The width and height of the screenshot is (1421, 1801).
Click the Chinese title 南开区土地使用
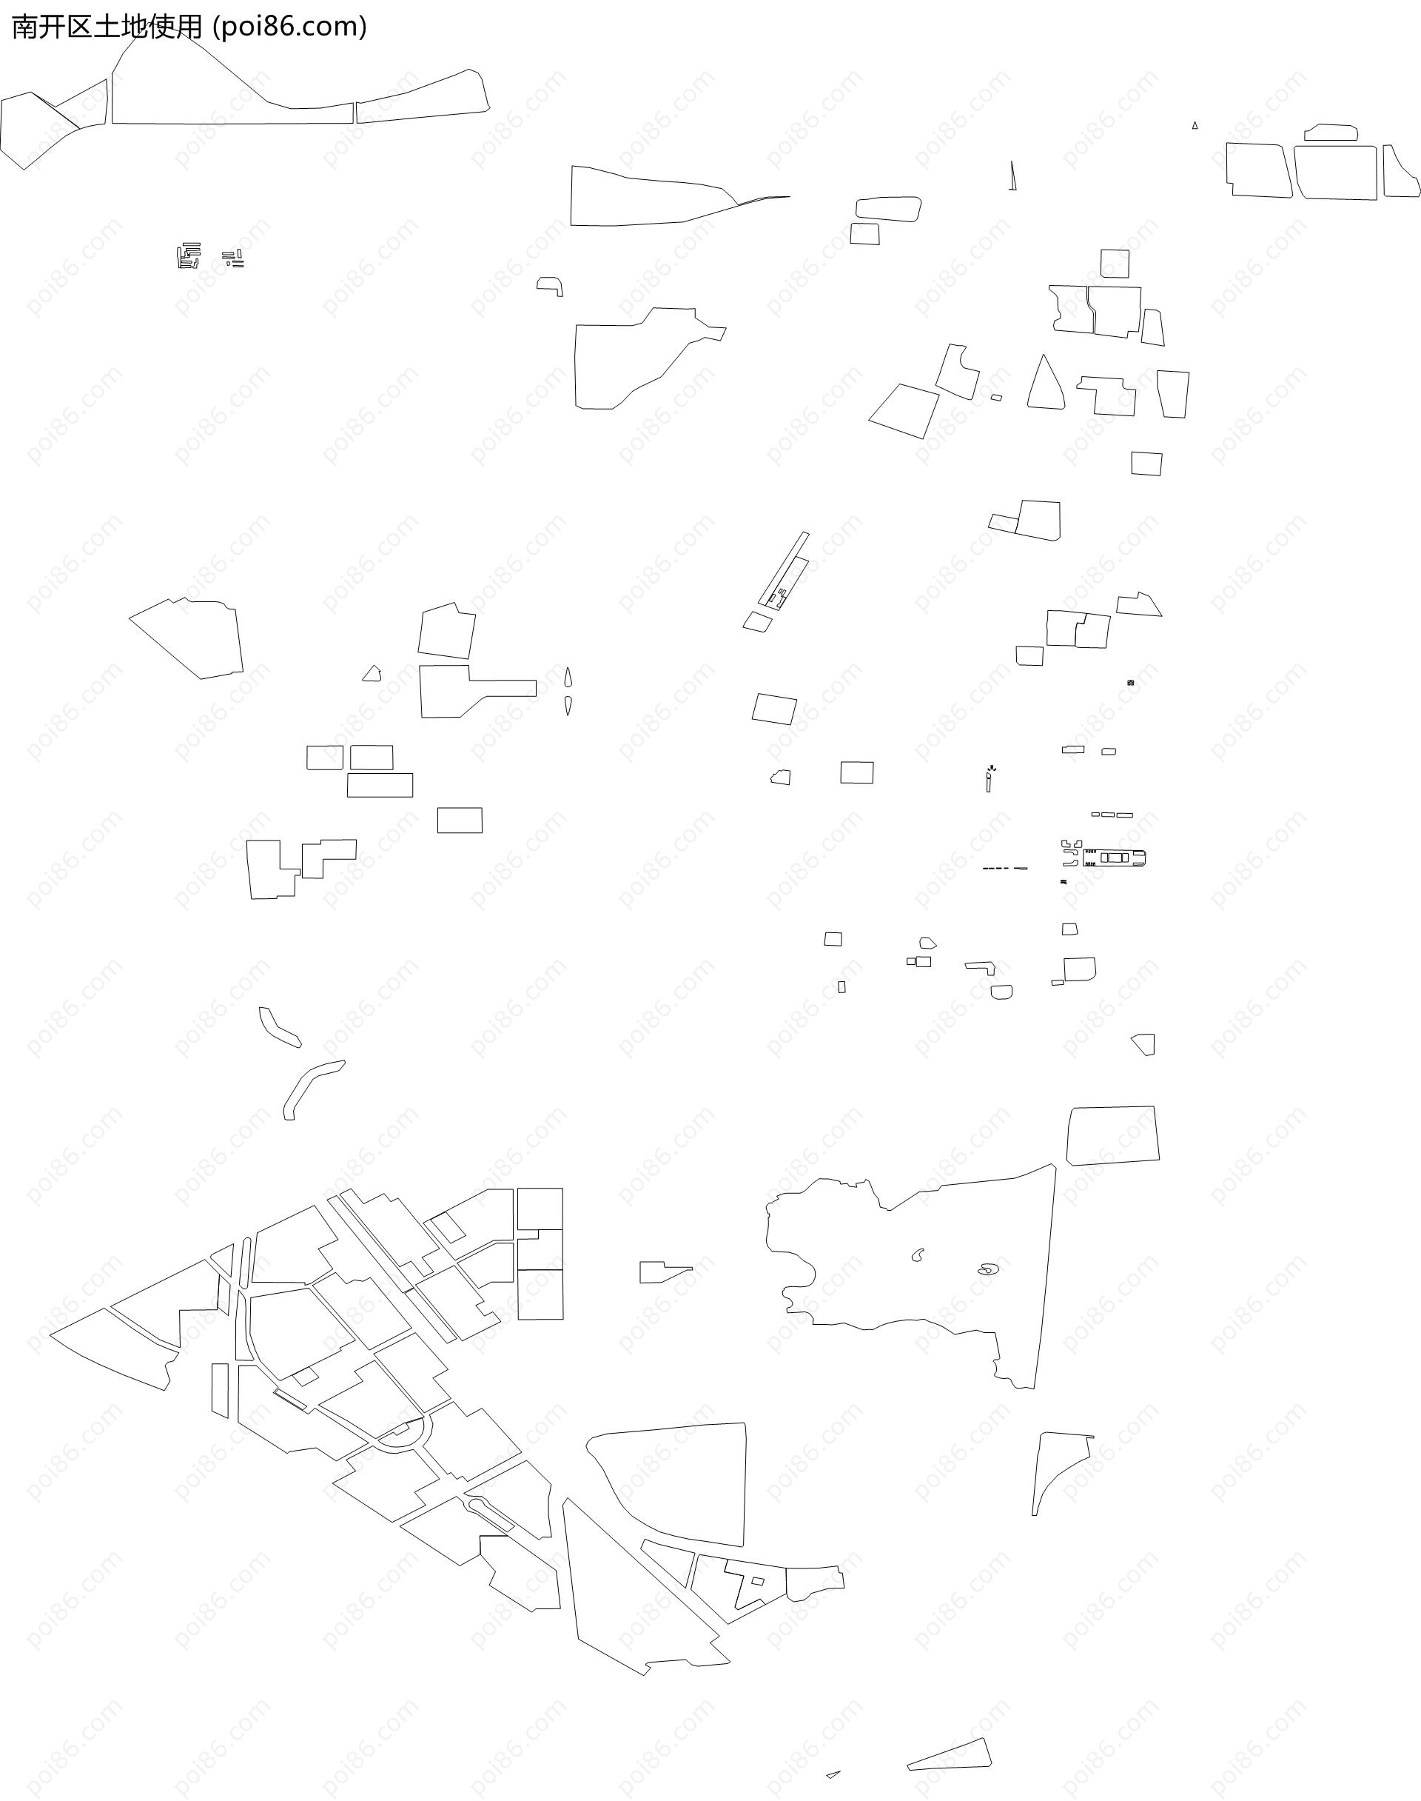tap(107, 27)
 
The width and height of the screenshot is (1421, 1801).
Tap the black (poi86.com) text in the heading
tap(289, 27)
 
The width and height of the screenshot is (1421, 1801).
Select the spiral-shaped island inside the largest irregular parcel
tap(987, 1269)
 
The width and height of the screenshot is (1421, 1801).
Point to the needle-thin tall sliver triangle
tap(1012, 176)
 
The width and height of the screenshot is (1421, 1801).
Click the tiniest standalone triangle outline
tap(1195, 126)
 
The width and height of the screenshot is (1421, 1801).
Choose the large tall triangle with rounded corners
tap(1045, 384)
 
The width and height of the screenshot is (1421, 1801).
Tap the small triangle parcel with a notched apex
tap(372, 673)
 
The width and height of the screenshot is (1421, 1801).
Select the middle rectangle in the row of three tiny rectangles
tap(1107, 814)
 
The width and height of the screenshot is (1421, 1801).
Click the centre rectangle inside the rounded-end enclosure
tap(1114, 858)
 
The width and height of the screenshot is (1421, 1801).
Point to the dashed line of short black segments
tap(1005, 868)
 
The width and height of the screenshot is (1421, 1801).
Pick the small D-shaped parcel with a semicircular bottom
tap(1001, 991)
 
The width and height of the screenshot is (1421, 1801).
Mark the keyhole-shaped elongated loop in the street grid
tap(490, 1514)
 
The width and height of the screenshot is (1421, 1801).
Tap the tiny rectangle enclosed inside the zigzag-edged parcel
tap(758, 1580)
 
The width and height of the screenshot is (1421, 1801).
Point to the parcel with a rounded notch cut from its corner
tap(960, 370)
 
